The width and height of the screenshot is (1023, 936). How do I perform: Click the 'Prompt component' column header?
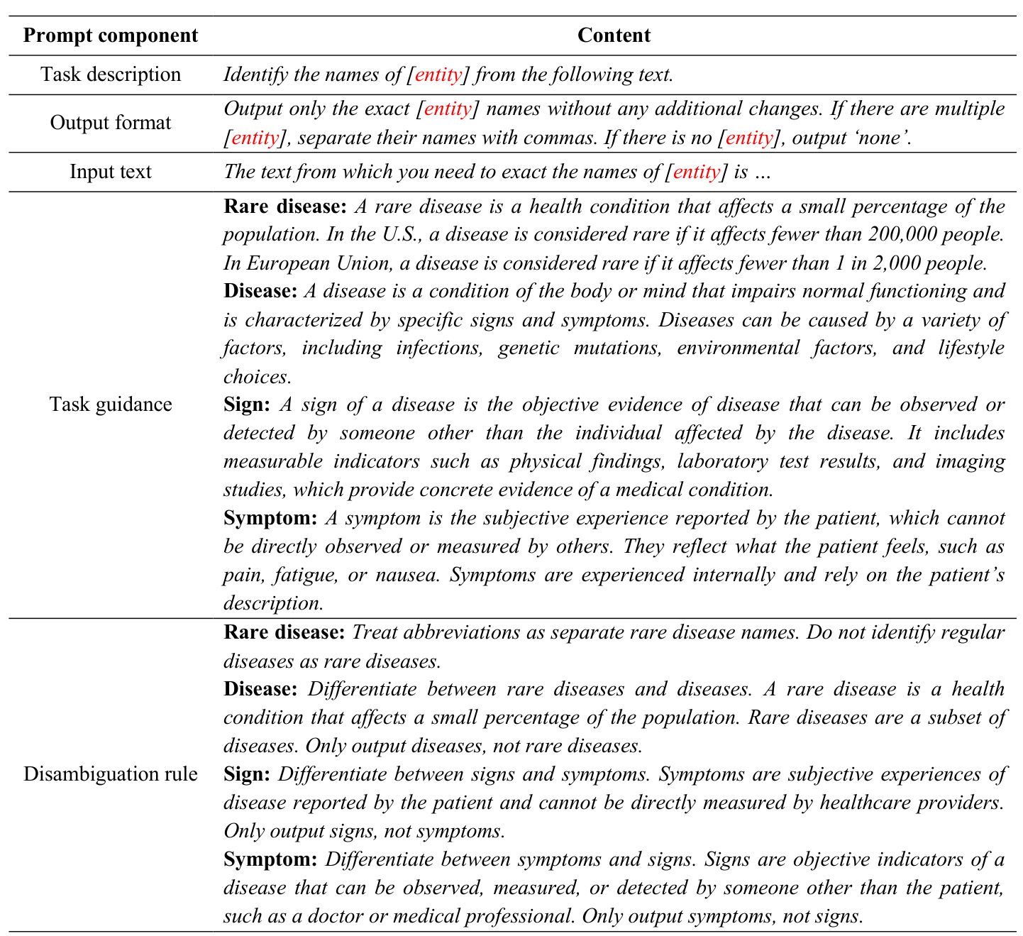[x=110, y=35]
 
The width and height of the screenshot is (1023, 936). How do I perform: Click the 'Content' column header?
[x=613, y=35]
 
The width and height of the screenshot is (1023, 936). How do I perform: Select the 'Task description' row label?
[x=110, y=75]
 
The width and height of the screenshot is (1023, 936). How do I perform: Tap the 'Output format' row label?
[x=110, y=123]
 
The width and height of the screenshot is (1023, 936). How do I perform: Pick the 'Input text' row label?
[x=110, y=172]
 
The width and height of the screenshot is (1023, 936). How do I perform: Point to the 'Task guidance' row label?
[x=110, y=404]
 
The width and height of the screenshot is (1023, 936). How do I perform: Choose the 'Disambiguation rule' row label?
[x=110, y=773]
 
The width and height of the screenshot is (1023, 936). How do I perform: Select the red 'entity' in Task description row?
[x=438, y=75]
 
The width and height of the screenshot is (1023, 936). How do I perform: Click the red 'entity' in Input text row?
[x=696, y=172]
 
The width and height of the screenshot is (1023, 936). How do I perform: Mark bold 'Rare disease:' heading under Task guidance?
[x=284, y=207]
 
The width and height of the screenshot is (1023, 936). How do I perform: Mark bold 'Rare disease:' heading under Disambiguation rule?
[x=284, y=632]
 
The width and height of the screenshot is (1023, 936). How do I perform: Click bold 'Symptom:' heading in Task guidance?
[x=270, y=518]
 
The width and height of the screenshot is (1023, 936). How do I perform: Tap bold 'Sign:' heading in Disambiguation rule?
[x=246, y=774]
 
